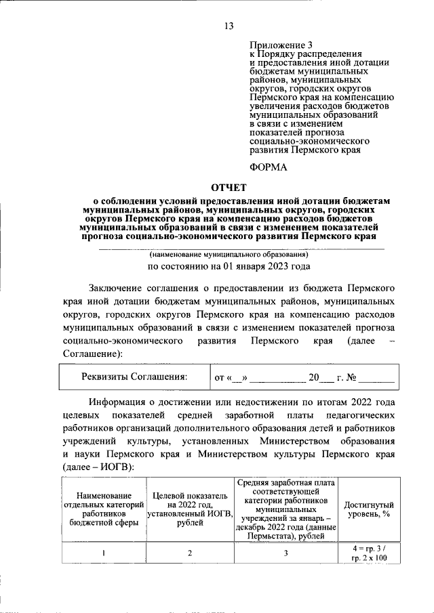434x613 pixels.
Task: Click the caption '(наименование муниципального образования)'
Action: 229,255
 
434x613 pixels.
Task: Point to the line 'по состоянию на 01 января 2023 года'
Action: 229,266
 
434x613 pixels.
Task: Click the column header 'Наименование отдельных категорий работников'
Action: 103,509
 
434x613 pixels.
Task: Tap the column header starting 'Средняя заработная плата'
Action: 285,509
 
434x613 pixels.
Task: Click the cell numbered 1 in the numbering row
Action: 103,553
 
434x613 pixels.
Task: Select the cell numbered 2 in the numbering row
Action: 190,553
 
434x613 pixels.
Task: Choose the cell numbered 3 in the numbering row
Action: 285,553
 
